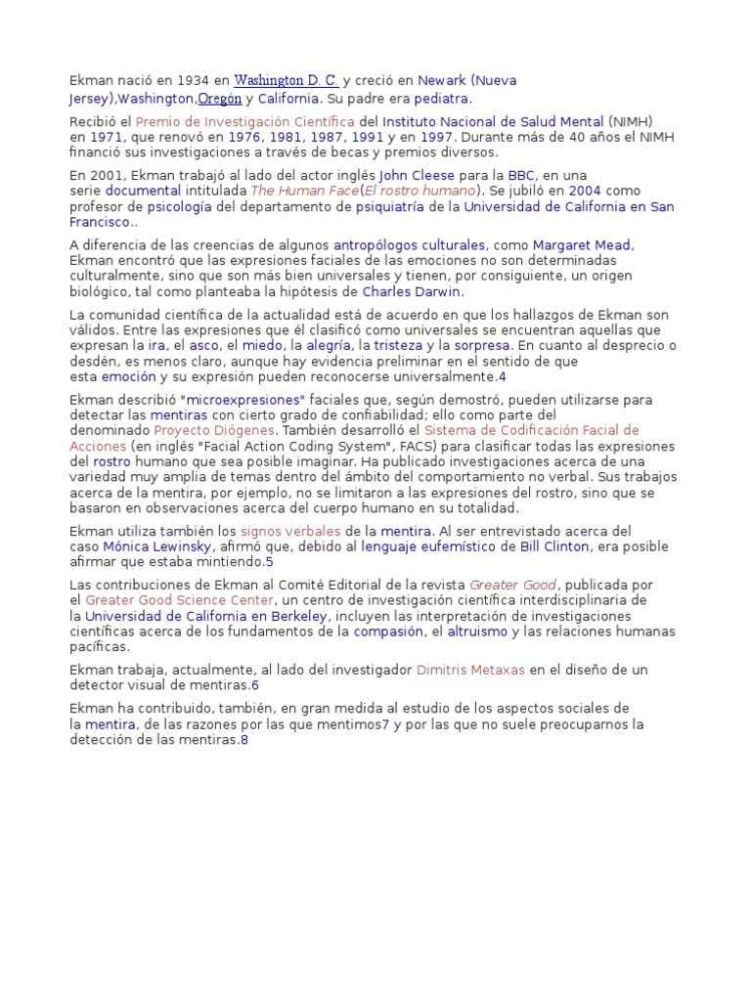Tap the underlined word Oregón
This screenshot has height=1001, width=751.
[x=219, y=99]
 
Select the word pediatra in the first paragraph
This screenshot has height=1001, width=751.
[x=442, y=99]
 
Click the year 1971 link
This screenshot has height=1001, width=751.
[x=106, y=138]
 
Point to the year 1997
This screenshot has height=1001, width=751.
[x=436, y=138]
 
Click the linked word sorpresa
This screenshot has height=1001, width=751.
[x=482, y=345]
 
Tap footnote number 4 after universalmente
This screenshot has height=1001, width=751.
[x=502, y=376]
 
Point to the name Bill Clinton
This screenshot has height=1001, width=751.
[x=555, y=546]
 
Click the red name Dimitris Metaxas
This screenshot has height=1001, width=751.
[x=470, y=670]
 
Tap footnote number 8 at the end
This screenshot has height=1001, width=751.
[x=244, y=740]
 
